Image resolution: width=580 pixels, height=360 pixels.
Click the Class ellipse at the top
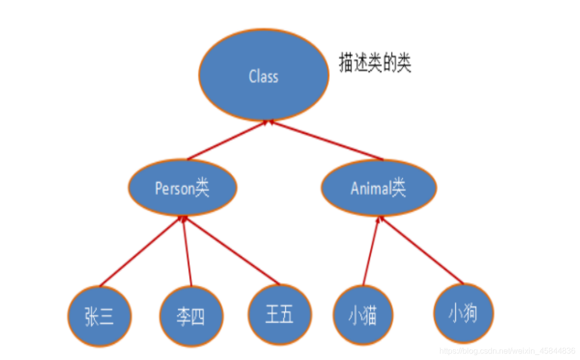pyautogui.click(x=264, y=74)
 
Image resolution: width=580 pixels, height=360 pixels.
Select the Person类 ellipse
pyautogui.click(x=182, y=188)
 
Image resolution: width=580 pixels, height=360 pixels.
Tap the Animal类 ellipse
pyautogui.click(x=378, y=188)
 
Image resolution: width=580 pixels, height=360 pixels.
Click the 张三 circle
pyautogui.click(x=100, y=316)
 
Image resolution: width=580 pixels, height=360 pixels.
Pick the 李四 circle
pyautogui.click(x=191, y=316)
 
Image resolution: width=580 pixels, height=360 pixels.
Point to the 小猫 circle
pyautogui.click(x=363, y=315)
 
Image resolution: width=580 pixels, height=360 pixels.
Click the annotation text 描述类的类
pyautogui.click(x=375, y=64)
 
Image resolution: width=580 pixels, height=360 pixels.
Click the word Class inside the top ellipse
pyautogui.click(x=263, y=76)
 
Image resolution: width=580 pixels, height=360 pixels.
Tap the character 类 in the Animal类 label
pyautogui.click(x=399, y=188)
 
